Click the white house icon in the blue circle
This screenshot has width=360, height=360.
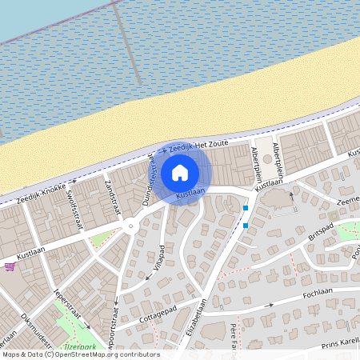[180, 172]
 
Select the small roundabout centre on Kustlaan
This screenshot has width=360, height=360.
[130, 227]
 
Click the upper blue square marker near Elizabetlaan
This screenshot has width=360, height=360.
[246, 209]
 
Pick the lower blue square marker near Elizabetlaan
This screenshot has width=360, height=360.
[246, 225]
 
